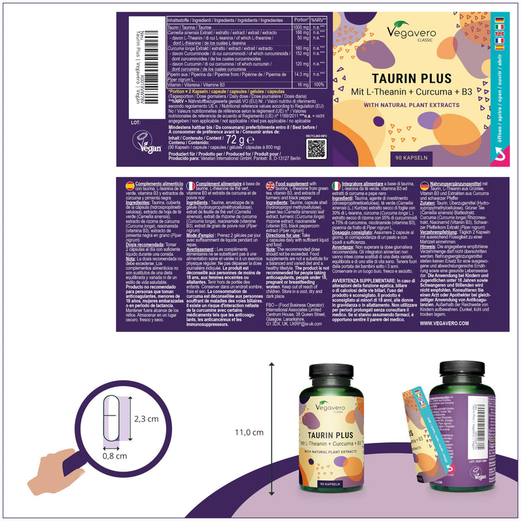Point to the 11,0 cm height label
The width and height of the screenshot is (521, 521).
click(x=249, y=432)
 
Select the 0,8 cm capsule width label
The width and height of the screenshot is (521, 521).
click(x=115, y=456)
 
